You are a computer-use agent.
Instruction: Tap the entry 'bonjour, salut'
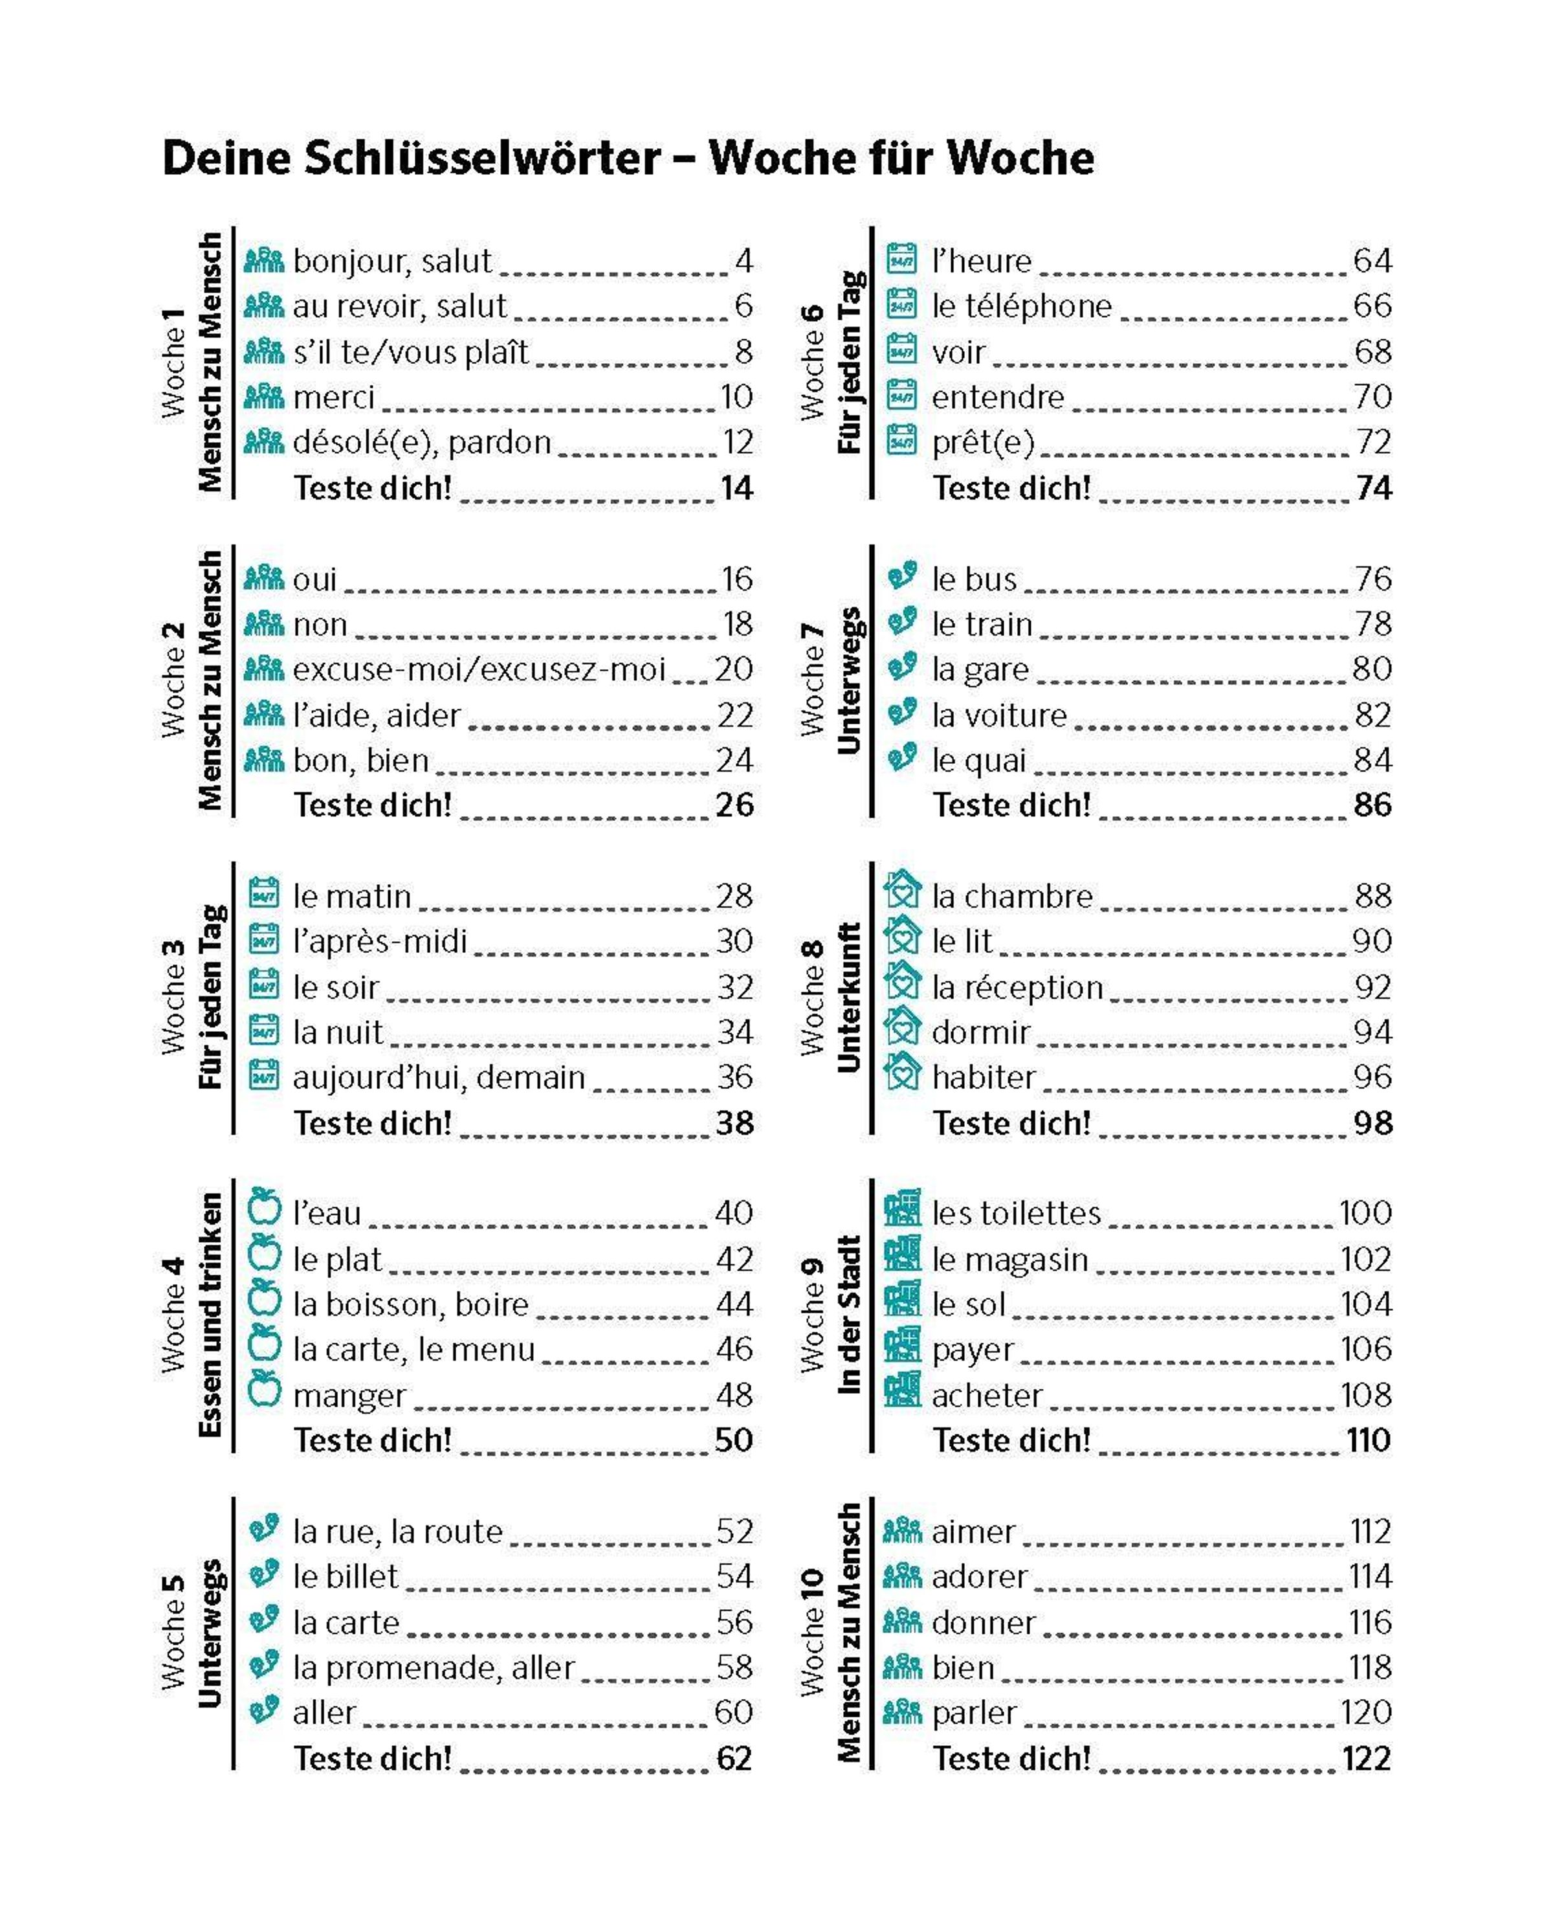click(x=392, y=262)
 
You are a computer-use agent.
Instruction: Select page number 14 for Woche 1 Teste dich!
click(x=737, y=489)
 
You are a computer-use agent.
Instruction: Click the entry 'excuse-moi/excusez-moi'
click(x=479, y=669)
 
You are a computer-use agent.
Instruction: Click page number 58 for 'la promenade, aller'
click(x=734, y=1667)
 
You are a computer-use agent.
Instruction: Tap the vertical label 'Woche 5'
click(x=173, y=1633)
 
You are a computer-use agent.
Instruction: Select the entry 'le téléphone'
click(x=1022, y=306)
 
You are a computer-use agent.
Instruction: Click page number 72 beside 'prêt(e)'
click(x=1372, y=442)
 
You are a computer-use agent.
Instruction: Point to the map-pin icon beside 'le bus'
click(x=902, y=575)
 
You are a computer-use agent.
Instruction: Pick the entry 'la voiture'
click(x=999, y=715)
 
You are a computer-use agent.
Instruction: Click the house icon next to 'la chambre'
click(x=902, y=891)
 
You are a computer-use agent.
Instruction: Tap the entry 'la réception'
click(x=1017, y=987)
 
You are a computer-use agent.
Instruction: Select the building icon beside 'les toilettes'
click(x=902, y=1210)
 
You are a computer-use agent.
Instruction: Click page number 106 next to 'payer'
click(x=1366, y=1348)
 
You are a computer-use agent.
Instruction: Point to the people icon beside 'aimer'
click(x=902, y=1530)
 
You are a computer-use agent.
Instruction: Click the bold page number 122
click(x=1366, y=1759)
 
